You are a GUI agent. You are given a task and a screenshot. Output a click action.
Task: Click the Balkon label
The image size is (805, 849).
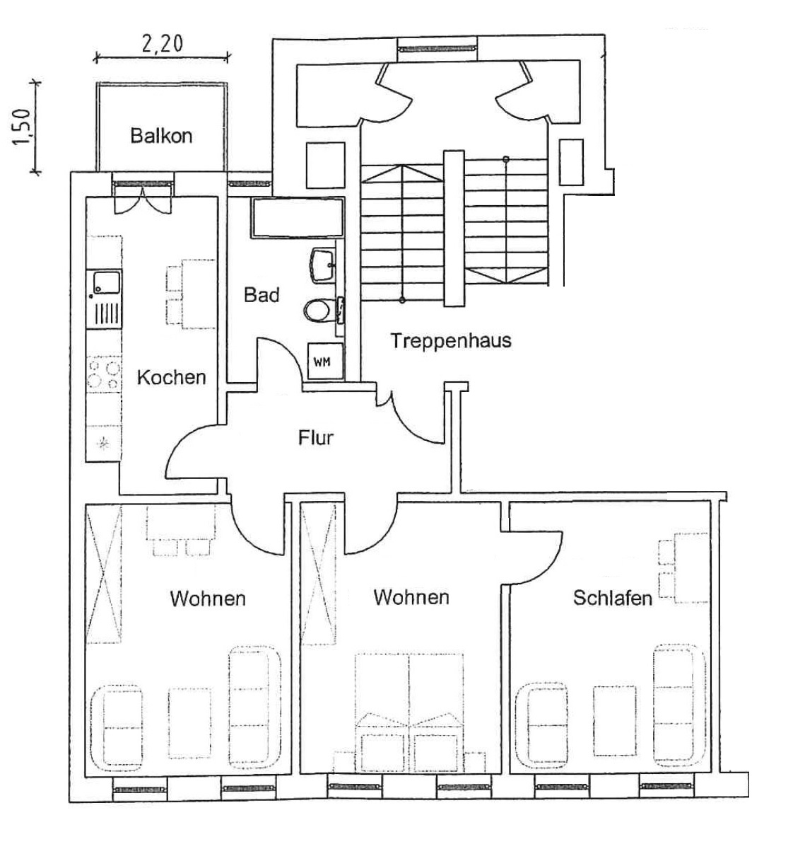[161, 136]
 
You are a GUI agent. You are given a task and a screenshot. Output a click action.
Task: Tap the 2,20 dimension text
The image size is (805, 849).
[162, 44]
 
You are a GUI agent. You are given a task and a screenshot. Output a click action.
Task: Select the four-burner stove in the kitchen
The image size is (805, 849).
[103, 374]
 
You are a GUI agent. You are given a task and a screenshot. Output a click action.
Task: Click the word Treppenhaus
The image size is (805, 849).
[451, 341]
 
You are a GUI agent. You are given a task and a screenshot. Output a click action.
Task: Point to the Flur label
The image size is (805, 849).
[315, 438]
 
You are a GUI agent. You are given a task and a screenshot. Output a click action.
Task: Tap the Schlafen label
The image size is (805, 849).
[612, 599]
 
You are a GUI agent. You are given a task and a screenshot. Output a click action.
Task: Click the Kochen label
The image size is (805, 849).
[172, 377]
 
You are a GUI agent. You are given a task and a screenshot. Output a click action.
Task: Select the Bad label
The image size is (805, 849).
[262, 295]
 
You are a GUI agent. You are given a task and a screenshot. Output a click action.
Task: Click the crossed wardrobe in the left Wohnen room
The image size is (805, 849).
[104, 574]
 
